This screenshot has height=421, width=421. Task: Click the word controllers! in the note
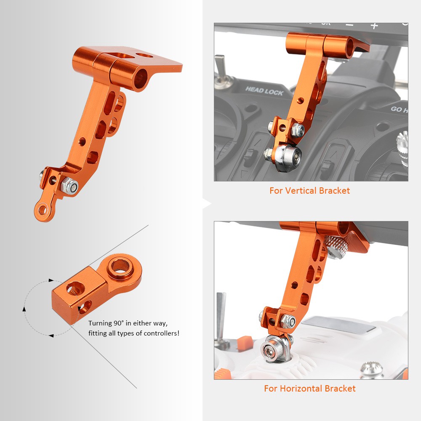[x=161, y=333]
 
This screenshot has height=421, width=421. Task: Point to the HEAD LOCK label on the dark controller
[x=264, y=91]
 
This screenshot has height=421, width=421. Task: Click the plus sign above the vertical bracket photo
[x=374, y=26]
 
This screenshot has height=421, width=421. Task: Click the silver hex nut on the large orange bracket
[x=69, y=185]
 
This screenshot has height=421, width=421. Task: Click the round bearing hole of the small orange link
[x=120, y=266]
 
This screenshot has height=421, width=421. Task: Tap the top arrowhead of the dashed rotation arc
[x=51, y=280]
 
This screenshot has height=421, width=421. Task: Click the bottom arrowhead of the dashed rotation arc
[x=51, y=336]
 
